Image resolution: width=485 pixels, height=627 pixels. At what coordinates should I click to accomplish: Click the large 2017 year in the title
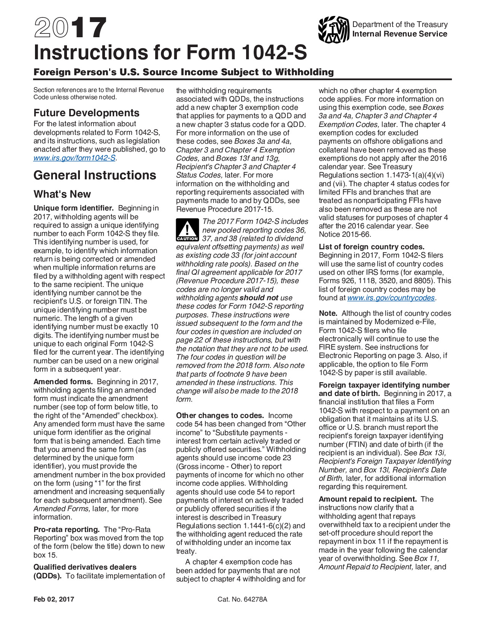[70, 28]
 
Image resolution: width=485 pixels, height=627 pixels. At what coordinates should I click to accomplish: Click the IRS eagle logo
[334, 29]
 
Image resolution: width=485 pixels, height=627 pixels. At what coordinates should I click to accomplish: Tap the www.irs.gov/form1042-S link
[75, 158]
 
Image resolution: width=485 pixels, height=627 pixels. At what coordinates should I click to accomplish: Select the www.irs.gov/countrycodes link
[391, 298]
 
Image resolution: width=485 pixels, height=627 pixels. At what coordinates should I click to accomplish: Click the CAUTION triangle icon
[187, 230]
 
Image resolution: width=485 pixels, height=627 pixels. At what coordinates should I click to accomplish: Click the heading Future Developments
[86, 113]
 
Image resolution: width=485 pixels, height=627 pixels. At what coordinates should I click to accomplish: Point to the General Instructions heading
[95, 175]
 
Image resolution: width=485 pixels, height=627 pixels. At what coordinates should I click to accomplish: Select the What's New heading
[62, 194]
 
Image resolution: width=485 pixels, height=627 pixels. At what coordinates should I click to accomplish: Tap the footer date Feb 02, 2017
[54, 599]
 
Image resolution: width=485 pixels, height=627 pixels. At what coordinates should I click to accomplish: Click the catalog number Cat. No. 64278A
[242, 599]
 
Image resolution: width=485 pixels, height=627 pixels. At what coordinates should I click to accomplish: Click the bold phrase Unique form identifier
[73, 208]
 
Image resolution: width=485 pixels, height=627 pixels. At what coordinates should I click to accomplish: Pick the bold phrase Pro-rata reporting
[67, 530]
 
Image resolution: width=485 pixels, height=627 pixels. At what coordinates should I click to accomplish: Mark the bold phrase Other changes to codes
[220, 416]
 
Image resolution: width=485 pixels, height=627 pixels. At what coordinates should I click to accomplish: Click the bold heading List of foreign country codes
[371, 247]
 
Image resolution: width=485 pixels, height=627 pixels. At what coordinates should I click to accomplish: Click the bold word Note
[328, 313]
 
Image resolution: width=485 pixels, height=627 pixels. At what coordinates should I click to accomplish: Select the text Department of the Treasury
[400, 24]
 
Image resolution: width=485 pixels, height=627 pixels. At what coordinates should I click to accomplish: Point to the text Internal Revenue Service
[399, 34]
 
